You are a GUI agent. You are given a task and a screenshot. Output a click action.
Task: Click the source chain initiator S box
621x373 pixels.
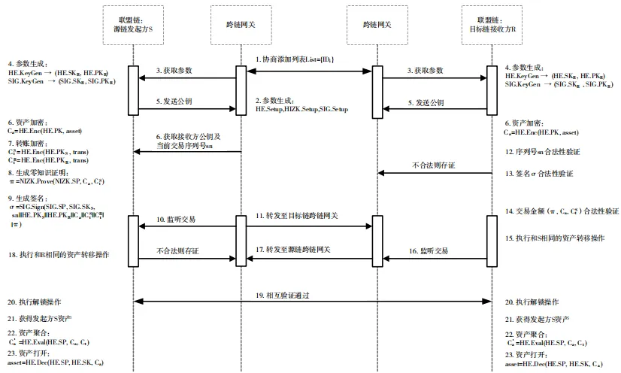(x=132, y=25)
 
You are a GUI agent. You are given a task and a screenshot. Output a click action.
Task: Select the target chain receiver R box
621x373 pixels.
(x=491, y=25)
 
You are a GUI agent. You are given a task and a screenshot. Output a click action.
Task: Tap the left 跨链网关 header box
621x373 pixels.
(x=241, y=25)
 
